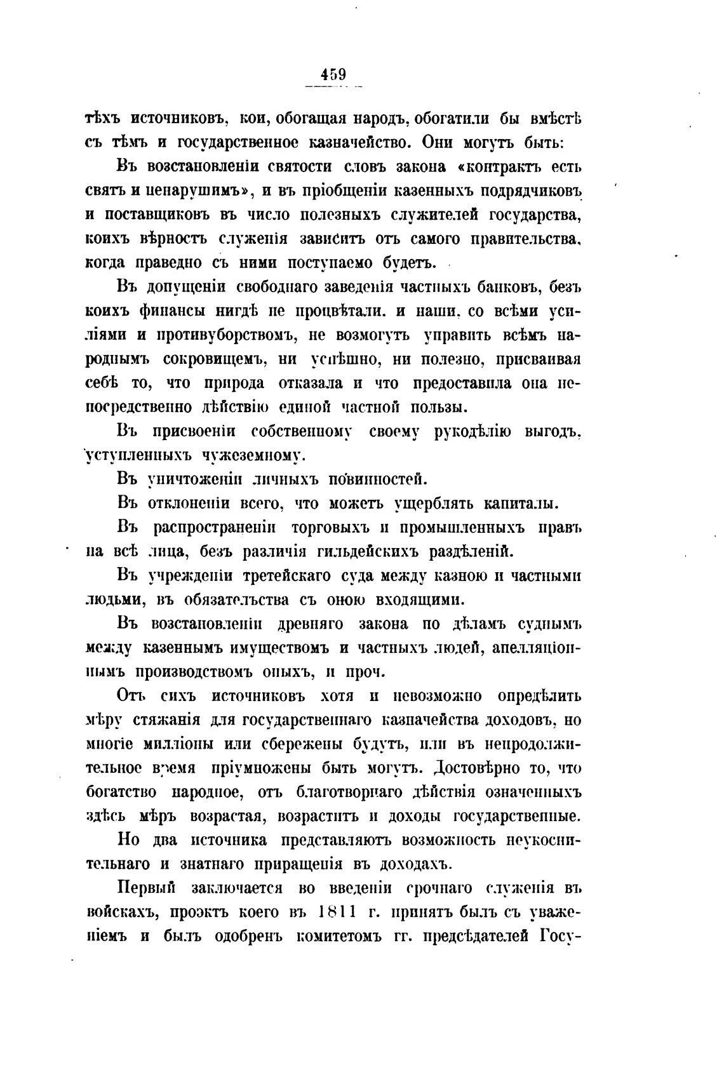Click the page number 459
332,74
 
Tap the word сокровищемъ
213,359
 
